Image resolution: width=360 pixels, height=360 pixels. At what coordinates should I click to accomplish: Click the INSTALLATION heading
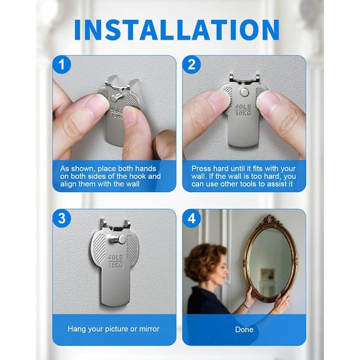(177, 30)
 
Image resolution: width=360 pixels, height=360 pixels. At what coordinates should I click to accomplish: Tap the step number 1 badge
(62, 65)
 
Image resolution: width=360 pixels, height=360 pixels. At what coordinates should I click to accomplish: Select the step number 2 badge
(192, 65)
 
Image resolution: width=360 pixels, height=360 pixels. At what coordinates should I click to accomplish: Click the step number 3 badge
(62, 218)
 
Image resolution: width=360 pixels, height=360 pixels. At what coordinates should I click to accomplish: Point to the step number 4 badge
(192, 218)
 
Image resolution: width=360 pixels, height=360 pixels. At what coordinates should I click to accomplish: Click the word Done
(244, 329)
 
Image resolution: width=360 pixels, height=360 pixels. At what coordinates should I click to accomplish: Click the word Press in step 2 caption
(201, 169)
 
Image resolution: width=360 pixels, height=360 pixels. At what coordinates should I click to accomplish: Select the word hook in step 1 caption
(137, 176)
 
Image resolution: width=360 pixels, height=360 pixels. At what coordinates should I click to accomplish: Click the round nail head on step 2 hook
(245, 92)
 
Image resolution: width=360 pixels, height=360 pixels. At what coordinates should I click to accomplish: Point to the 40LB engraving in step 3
(116, 258)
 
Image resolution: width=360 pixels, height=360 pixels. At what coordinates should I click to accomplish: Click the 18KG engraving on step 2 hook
(243, 113)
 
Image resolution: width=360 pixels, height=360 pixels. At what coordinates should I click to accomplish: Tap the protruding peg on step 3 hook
(118, 240)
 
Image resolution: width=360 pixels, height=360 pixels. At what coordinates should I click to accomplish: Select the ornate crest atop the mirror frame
(272, 221)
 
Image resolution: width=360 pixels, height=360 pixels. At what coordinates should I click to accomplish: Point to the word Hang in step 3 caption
(77, 329)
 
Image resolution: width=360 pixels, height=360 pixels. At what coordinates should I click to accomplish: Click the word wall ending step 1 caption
(132, 184)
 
